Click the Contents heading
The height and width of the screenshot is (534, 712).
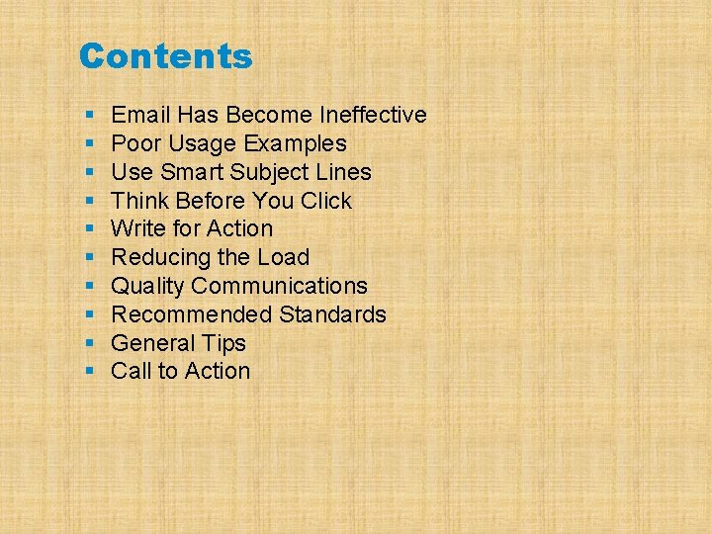165,56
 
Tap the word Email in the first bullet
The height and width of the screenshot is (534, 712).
139,115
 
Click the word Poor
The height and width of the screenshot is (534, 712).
133,143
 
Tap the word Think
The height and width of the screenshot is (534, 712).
138,201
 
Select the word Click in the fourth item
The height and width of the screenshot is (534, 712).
326,201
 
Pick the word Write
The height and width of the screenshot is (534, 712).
136,228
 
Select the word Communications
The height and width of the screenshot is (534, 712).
280,286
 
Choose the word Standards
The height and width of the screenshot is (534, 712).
332,314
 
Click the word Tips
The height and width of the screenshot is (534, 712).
226,343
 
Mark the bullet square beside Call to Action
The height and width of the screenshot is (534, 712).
89,372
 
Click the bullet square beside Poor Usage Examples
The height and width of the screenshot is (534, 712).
89,144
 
